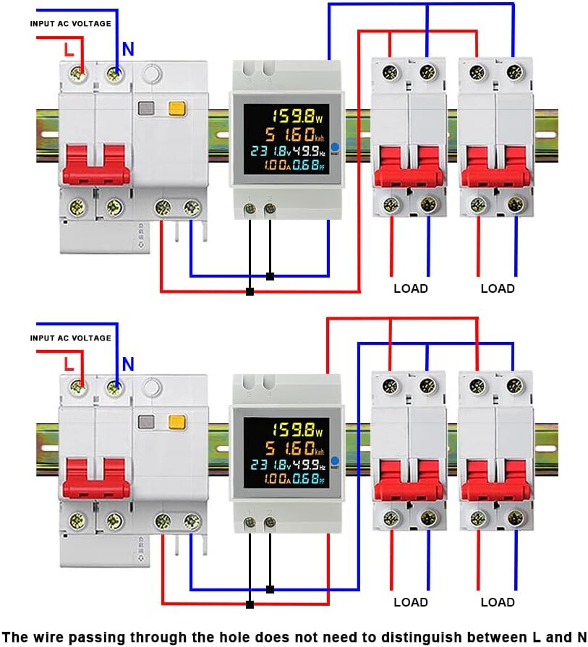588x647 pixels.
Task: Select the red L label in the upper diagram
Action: point(69,50)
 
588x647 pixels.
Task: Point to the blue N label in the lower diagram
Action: point(127,364)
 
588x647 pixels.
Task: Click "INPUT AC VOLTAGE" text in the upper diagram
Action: point(71,23)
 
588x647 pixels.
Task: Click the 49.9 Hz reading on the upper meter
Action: point(310,150)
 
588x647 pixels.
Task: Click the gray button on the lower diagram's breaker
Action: point(148,422)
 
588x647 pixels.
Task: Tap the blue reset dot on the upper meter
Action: point(335,145)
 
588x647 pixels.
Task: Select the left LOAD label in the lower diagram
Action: point(411,601)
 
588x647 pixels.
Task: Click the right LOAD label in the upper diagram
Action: point(498,288)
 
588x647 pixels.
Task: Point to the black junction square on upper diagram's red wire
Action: point(250,291)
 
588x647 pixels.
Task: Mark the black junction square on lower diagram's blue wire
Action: point(270,589)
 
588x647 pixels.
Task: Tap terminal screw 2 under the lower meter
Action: point(270,523)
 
